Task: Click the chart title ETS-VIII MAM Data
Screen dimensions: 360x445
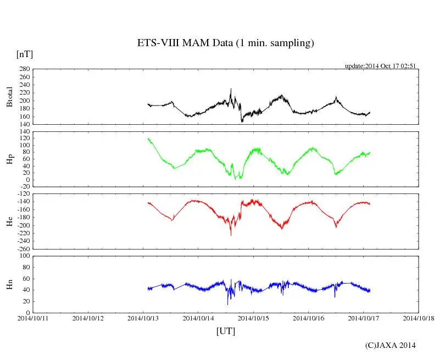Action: [225, 43]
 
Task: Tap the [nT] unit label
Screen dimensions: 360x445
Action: [24, 54]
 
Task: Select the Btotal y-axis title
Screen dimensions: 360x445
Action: [9, 96]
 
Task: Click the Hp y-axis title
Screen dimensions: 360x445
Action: [9, 159]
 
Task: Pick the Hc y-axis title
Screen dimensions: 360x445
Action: [9, 221]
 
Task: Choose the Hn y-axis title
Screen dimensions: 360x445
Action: [9, 284]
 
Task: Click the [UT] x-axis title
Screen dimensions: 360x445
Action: [225, 331]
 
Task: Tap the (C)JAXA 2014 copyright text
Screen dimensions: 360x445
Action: [391, 345]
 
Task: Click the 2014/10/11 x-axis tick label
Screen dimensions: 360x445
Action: [33, 318]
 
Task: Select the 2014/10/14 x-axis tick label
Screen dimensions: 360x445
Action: [198, 318]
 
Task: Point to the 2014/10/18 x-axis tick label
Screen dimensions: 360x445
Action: [419, 318]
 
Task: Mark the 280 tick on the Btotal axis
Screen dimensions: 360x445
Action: [24, 69]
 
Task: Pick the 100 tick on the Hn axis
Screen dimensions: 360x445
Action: [24, 256]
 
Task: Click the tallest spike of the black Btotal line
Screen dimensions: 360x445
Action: [231, 89]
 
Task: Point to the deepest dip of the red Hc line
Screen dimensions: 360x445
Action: [231, 235]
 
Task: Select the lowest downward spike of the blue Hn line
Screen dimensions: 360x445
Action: [227, 304]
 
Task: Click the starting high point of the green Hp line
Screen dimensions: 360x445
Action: [148, 139]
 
